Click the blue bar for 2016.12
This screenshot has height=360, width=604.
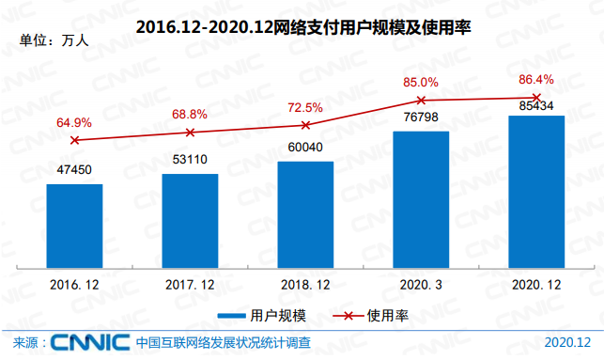(x=74, y=226)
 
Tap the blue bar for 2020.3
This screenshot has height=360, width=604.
(x=421, y=199)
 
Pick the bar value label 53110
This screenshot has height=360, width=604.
(x=190, y=159)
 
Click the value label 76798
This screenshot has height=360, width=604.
(x=421, y=117)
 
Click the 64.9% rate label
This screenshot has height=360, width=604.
(x=74, y=122)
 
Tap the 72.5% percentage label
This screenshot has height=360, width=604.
(x=305, y=107)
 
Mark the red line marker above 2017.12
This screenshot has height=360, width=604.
(x=190, y=133)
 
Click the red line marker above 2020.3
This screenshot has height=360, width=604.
(x=421, y=100)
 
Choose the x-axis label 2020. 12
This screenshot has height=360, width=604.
(x=536, y=282)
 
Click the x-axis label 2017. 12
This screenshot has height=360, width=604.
(x=190, y=282)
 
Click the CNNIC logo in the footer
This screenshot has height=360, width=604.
(x=90, y=343)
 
